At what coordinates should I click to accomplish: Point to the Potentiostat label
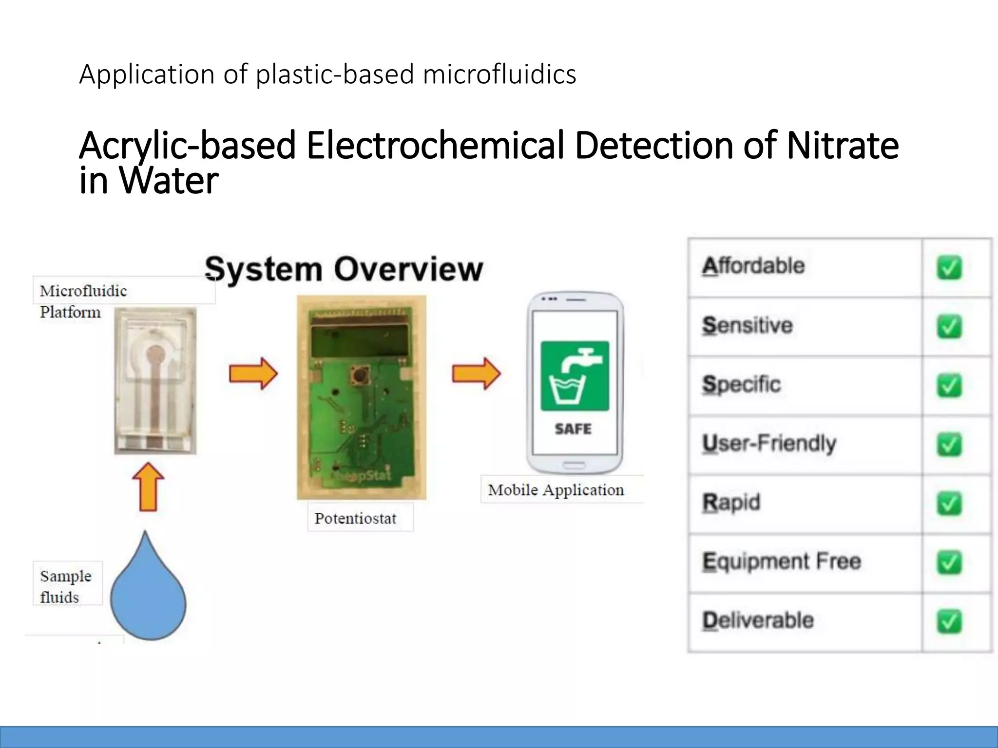[355, 518]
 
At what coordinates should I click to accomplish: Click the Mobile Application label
[556, 490]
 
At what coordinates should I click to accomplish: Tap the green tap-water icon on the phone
[575, 375]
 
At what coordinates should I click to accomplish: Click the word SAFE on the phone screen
[573, 429]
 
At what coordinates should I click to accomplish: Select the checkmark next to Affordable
[949, 268]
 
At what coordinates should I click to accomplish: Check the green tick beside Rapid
[949, 504]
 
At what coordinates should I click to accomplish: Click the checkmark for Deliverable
[949, 622]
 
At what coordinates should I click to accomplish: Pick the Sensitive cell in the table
[748, 325]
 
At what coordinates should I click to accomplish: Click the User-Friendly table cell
[769, 444]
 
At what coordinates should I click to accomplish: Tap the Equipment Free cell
[782, 561]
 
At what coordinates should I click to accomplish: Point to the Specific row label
[741, 385]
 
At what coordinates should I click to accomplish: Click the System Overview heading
[344, 269]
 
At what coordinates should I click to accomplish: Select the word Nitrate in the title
[843, 146]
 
